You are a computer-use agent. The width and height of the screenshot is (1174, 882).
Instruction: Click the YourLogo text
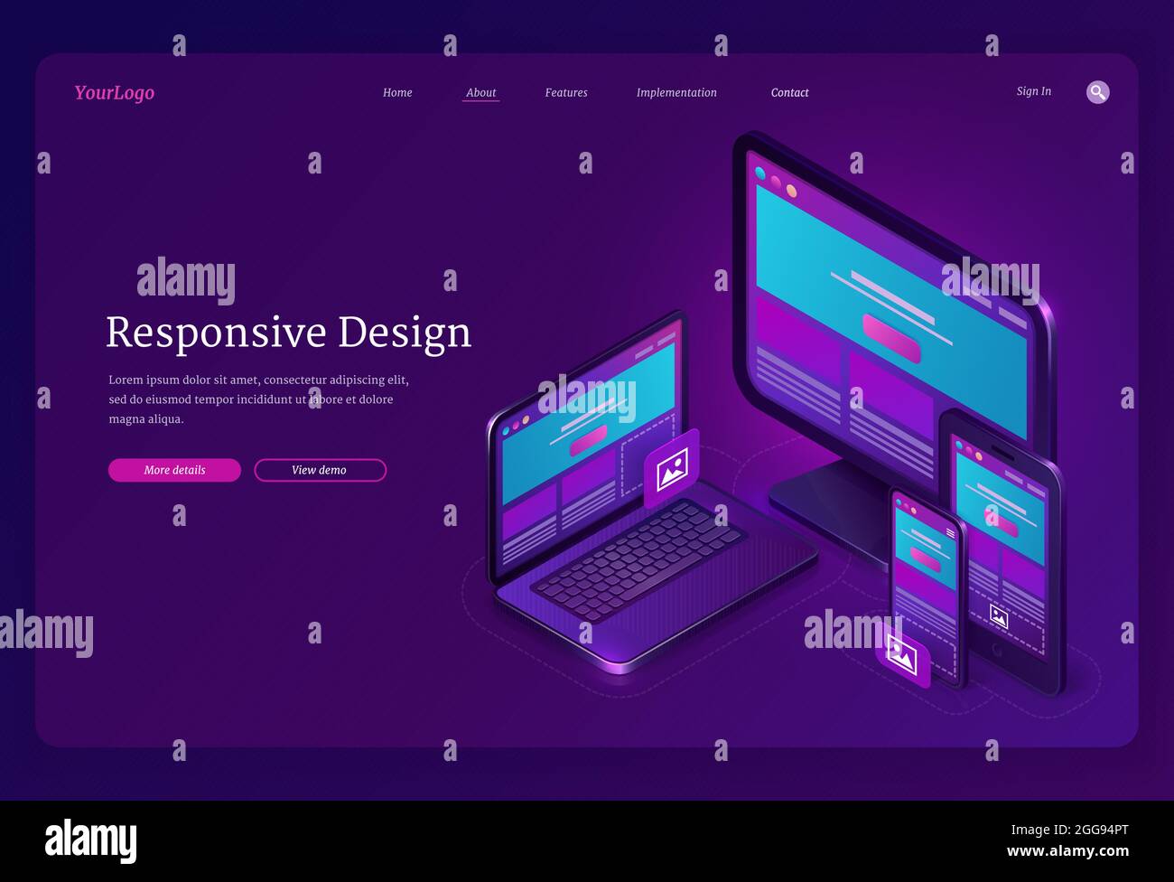(x=114, y=93)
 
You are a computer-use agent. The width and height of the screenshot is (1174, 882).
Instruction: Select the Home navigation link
(x=397, y=93)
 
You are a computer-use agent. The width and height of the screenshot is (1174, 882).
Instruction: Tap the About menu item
(x=480, y=93)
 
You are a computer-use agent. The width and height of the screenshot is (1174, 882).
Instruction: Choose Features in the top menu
(x=566, y=93)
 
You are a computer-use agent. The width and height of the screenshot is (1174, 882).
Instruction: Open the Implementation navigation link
(x=676, y=93)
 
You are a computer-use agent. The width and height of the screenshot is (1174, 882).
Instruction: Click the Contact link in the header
(x=789, y=93)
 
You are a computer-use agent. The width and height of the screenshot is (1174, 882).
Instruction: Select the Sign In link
(x=1033, y=91)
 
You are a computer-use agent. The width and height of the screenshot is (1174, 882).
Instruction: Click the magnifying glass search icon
(x=1097, y=92)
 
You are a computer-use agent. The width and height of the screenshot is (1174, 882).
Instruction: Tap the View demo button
(x=320, y=470)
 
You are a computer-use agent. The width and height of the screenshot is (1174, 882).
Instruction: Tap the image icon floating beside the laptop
(x=672, y=469)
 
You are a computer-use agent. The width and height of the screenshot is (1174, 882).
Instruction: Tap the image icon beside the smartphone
(x=902, y=655)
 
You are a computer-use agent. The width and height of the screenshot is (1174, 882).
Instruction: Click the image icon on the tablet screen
(x=999, y=616)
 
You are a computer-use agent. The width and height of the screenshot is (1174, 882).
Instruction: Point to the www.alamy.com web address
(x=1067, y=851)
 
